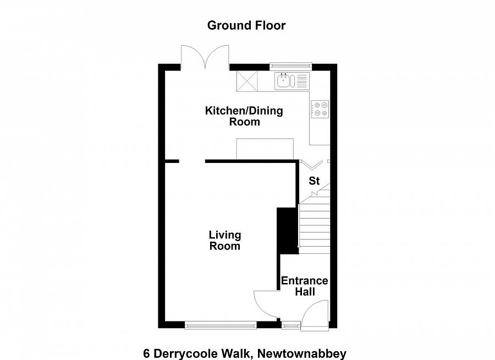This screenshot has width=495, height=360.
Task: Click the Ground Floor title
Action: coord(246,25)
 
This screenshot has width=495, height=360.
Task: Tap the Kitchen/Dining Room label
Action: coord(244,116)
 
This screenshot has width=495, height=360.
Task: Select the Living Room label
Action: coord(224,241)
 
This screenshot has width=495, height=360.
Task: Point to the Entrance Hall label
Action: coord(304,286)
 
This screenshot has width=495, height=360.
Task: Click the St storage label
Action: coord(314,181)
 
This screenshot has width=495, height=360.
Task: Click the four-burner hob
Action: coord(320,109)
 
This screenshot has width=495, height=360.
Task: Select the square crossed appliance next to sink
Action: coord(247,81)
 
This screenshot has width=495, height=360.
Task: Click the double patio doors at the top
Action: coord(205,57)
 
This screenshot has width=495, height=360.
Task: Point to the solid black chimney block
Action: coord(287,230)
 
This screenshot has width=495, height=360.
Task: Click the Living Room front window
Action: coord(221,326)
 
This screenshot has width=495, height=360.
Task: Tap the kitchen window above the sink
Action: coord(290,67)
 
